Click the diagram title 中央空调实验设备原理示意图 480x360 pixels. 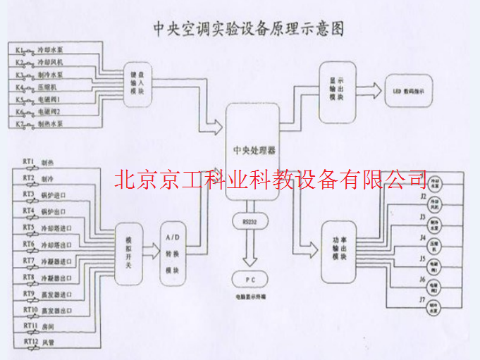pyautogui.click(x=250, y=29)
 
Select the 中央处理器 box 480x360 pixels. pyautogui.click(x=254, y=151)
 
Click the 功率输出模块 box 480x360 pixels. pyautogui.click(x=337, y=250)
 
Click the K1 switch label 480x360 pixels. pyautogui.click(x=20, y=51)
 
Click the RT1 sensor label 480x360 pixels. pyautogui.click(x=29, y=161)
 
